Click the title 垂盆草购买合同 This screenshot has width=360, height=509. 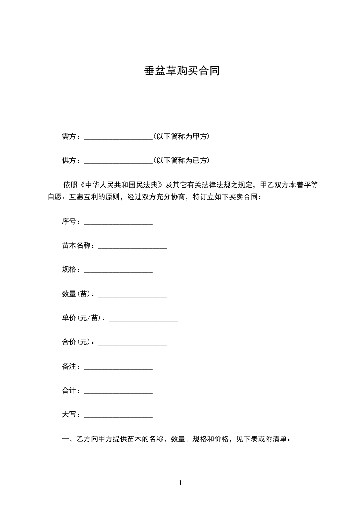182,71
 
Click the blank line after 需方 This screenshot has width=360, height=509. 118,137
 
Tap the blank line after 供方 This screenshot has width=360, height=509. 118,161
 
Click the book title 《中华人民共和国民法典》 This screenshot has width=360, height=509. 121,185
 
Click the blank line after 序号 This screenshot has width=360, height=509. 118,222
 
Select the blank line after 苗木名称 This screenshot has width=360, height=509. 133,246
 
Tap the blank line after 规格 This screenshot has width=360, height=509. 118,270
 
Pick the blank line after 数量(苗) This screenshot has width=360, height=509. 133,295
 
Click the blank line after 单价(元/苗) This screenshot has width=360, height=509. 143,319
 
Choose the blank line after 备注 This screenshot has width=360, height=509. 118,367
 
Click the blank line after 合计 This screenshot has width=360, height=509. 118,392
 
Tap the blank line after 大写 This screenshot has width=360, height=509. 118,416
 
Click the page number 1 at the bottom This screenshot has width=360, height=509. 180,483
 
